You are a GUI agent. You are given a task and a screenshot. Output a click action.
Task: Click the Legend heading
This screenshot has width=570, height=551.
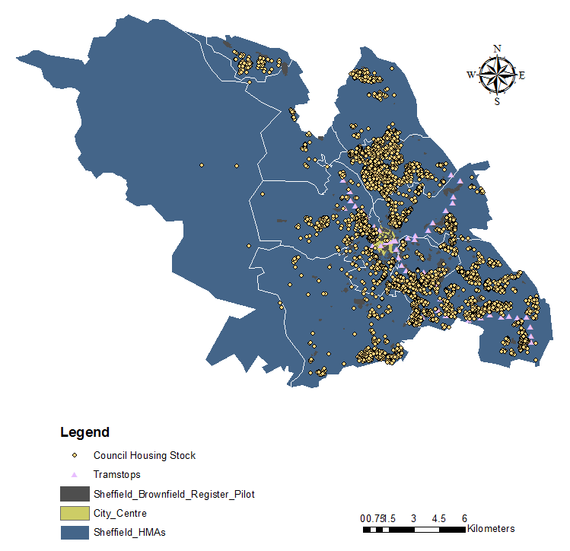coord(84,433)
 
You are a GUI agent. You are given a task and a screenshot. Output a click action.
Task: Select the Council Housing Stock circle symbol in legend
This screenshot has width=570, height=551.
coord(75,456)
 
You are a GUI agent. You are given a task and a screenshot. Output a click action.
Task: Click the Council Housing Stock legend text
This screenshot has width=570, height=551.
coord(145,456)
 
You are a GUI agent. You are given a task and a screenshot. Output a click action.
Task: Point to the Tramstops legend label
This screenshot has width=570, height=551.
coord(116,475)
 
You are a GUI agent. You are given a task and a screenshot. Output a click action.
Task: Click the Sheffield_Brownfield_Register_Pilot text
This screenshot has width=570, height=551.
coord(174,495)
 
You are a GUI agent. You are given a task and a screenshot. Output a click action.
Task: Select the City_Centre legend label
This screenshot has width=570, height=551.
coord(120,514)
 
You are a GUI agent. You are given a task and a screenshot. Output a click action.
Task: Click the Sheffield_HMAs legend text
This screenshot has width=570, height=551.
coord(129,533)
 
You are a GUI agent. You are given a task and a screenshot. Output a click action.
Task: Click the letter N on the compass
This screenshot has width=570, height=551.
coord(498,49)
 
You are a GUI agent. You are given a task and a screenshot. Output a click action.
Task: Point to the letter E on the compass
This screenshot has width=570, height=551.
coord(522,75)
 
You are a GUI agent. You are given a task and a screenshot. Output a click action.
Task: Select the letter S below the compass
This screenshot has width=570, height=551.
coord(497,101)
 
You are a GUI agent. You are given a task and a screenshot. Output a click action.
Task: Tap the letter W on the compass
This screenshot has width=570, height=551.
coord(471,75)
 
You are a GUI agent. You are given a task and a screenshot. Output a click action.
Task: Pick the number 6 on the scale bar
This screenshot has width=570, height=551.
coord(464,518)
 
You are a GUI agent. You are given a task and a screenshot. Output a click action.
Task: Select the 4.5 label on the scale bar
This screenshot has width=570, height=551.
coord(439,518)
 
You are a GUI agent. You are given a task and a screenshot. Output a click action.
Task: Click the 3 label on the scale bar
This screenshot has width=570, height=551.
coord(413,518)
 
